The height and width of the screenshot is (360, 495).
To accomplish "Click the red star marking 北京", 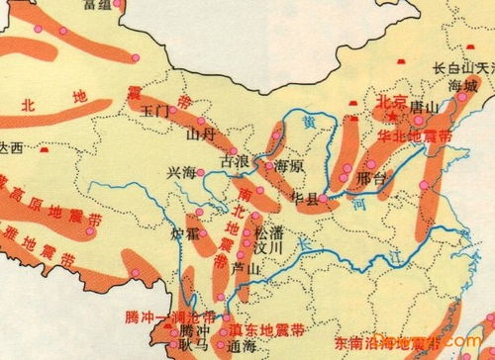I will click(x=397, y=116).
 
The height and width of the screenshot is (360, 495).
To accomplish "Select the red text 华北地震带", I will click(x=415, y=133).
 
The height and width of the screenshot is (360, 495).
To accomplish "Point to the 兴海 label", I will click(x=183, y=172).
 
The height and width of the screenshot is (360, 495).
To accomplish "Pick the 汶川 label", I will click(x=269, y=247).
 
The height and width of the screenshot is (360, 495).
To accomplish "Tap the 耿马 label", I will click(x=195, y=346).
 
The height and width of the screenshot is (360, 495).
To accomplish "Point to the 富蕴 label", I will click(x=97, y=5).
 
